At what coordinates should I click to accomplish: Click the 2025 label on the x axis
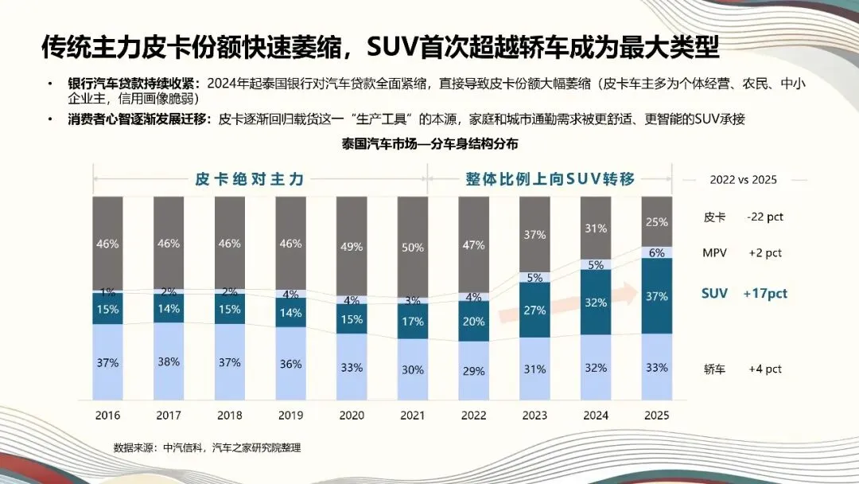pos(657,416)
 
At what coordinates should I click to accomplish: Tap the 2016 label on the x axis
pos(107,416)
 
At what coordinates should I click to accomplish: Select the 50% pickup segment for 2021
pos(413,248)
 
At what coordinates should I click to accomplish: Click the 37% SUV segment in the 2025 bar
pos(657,296)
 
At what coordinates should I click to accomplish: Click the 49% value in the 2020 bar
pos(352,247)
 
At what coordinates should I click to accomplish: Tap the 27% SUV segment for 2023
pos(534,310)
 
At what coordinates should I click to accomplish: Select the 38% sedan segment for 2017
pos(169,362)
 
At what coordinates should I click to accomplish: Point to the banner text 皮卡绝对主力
pos(250,179)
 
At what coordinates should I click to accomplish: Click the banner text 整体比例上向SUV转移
pos(550,179)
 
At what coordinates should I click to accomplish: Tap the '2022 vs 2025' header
pos(743,180)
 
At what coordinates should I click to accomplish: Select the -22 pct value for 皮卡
pos(765,217)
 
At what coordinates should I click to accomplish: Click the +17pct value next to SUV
pos(765,294)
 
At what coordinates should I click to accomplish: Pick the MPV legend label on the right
pos(715,253)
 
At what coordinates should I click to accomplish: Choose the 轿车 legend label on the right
pos(715,369)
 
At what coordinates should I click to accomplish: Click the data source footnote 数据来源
pos(208,448)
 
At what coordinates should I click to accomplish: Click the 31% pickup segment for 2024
pos(596,228)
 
